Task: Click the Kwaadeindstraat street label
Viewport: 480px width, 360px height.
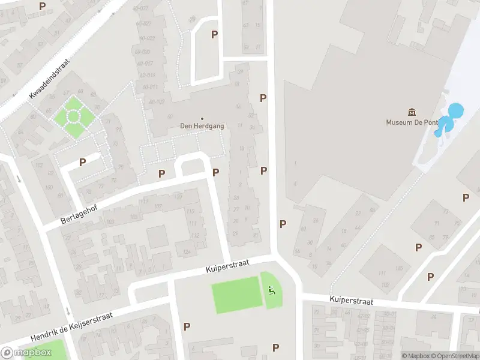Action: tap(50, 79)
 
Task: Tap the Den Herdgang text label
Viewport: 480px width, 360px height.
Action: tap(202, 126)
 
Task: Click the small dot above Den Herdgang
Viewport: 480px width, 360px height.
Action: tap(202, 118)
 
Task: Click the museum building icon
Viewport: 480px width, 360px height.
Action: tap(412, 112)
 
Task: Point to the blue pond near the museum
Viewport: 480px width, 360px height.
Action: tap(455, 111)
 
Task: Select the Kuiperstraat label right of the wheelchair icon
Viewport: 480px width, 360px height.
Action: tap(352, 300)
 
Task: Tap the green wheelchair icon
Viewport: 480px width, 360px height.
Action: tap(272, 291)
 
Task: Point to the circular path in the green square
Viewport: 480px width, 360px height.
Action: tap(73, 116)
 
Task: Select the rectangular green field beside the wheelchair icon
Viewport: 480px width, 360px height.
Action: tap(237, 295)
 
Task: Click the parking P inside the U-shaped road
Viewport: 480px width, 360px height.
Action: tap(214, 35)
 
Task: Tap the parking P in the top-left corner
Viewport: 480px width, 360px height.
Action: tap(42, 6)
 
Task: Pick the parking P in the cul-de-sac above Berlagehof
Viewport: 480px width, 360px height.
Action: tap(82, 162)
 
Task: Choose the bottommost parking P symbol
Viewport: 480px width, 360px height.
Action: tap(275, 347)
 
